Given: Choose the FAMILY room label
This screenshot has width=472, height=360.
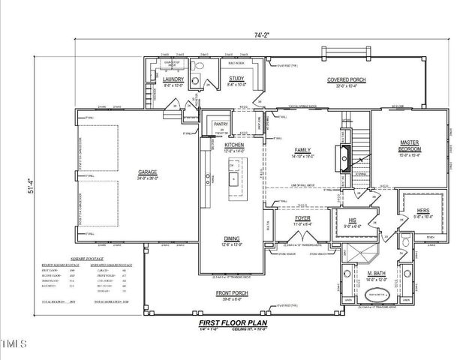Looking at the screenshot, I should pyautogui.click(x=303, y=150).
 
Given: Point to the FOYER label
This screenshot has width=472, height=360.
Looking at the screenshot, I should pyautogui.click(x=303, y=219).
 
